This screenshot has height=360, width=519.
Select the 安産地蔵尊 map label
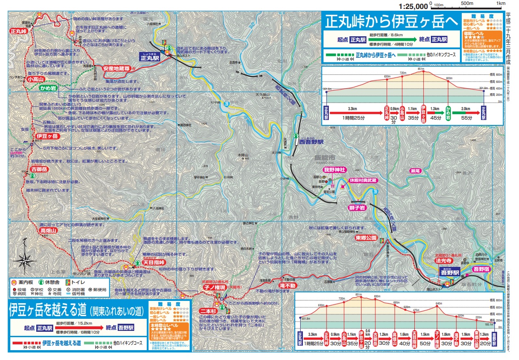click(116, 69)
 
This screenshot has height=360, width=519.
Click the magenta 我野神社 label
click(335, 170)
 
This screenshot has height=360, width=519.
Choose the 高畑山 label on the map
click(48, 230)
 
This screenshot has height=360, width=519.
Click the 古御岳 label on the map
click(39, 169)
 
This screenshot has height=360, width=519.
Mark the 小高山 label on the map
click(37, 79)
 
